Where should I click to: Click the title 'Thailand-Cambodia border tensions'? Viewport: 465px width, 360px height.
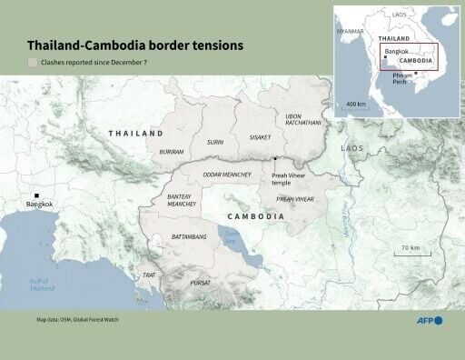pyautogui.click(x=134, y=45)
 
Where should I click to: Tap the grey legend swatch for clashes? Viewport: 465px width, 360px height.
pyautogui.click(x=33, y=64)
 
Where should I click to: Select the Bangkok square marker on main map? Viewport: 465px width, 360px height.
pyautogui.click(x=36, y=196)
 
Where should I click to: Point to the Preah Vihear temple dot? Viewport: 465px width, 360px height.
pyautogui.click(x=274, y=159)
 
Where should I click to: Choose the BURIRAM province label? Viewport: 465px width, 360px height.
pyautogui.click(x=172, y=152)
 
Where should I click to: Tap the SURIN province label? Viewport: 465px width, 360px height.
pyautogui.click(x=215, y=143)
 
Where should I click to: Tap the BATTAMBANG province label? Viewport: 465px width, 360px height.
pyautogui.click(x=190, y=236)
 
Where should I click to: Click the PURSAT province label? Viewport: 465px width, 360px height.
pyautogui.click(x=201, y=283)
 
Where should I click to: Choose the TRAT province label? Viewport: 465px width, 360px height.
pyautogui.click(x=149, y=275)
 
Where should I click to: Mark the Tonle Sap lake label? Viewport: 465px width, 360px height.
pyautogui.click(x=232, y=236)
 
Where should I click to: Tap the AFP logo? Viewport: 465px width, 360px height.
pyautogui.click(x=426, y=320)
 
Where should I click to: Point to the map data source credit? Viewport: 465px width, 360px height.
pyautogui.click(x=77, y=320)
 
